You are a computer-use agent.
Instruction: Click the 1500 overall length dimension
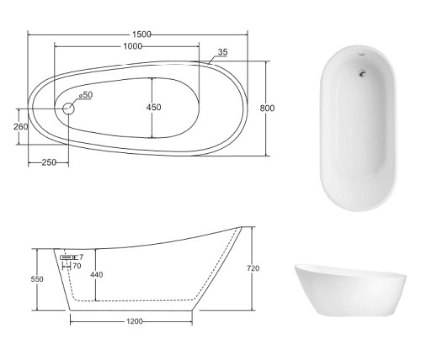pos(141,34)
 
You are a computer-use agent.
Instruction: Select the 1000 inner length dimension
pos(133,46)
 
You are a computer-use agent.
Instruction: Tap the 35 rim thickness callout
pos(223,52)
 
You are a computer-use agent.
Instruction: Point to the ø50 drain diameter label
pos(86,95)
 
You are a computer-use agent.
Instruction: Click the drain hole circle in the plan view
pos(68,109)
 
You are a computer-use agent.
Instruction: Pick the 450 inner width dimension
pos(154,107)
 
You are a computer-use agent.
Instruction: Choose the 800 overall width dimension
pos(267,108)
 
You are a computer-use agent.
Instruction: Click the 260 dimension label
pos(21,127)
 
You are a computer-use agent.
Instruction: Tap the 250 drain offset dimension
pos(49,162)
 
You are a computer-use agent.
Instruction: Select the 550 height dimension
pos(37,279)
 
